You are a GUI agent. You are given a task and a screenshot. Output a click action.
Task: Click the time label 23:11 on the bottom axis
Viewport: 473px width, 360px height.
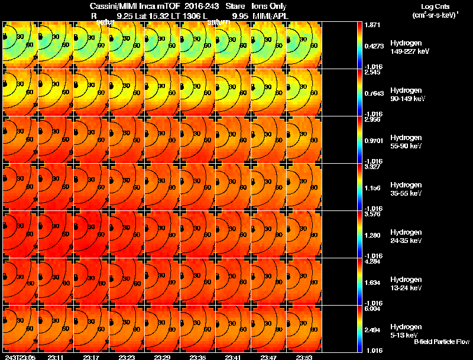pos(56,357)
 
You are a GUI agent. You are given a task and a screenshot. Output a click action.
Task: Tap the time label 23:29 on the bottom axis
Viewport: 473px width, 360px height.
pos(163,357)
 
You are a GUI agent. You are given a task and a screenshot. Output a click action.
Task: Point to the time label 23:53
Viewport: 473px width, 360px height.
pos(304,357)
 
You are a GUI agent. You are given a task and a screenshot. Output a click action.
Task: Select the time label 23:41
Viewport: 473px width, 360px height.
pos(233,357)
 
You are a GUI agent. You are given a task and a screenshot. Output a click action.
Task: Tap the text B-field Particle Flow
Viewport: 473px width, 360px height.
pos(441,342)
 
